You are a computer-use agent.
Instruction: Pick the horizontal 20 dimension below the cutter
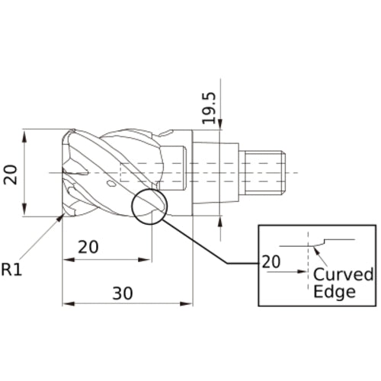click(x=88, y=248)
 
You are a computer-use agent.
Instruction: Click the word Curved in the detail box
click(x=344, y=274)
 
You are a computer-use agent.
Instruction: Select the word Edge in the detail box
click(x=335, y=292)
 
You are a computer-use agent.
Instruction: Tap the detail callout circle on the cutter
click(x=149, y=206)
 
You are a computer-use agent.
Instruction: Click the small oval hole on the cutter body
click(x=112, y=184)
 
